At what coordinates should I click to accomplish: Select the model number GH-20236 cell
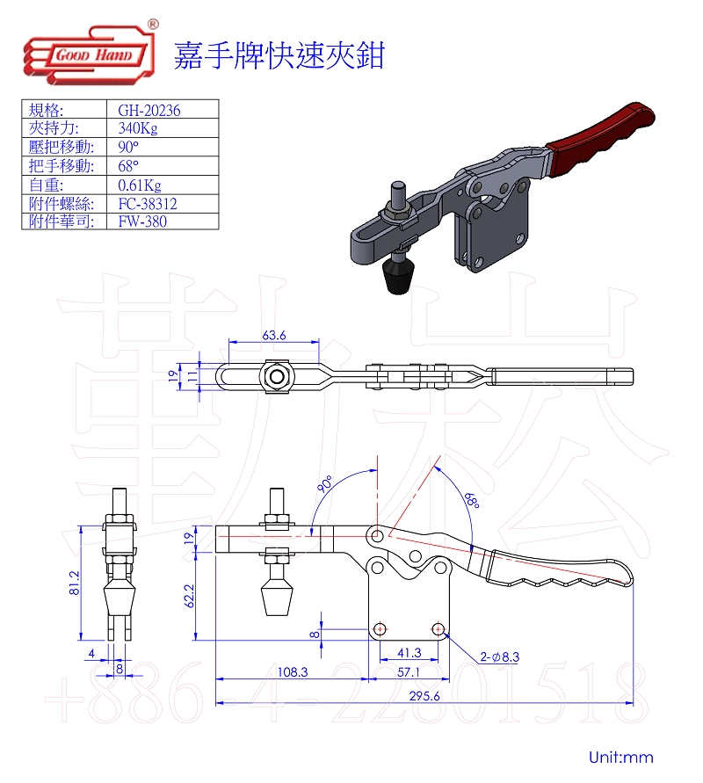coord(149,110)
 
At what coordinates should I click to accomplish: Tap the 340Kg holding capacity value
coord(138,128)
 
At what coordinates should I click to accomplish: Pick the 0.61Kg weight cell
coord(140,185)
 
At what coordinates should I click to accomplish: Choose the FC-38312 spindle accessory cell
coord(148,204)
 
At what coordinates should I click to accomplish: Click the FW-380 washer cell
coord(142,221)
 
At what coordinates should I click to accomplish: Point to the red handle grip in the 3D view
coord(600,140)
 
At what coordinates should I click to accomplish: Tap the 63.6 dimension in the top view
coord(273,335)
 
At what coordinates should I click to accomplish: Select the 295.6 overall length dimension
coord(424,696)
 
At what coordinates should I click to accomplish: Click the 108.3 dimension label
coord(293,672)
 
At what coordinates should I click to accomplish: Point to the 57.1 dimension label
coord(409,672)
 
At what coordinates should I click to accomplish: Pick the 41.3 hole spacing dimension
coord(409,653)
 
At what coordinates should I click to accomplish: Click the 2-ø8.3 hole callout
coord(499,656)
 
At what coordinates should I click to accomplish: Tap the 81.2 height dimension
coord(74,583)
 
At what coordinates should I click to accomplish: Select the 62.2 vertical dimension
coord(189,596)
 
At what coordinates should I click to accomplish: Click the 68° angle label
coord(472,500)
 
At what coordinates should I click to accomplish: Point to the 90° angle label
coord(324,484)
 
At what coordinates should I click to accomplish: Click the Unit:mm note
coord(621,757)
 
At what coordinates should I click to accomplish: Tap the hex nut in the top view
coord(274,376)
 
